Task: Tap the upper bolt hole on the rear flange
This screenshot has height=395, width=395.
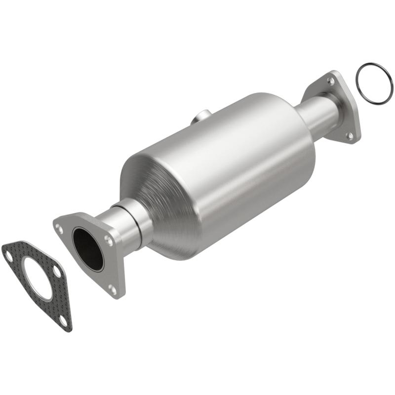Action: (331, 80)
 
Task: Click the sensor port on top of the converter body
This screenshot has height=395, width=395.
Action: (200, 118)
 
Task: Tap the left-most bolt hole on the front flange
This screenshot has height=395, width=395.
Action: (60, 228)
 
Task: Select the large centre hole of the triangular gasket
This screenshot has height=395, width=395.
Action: (38, 281)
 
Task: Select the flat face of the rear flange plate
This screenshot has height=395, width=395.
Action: (346, 106)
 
